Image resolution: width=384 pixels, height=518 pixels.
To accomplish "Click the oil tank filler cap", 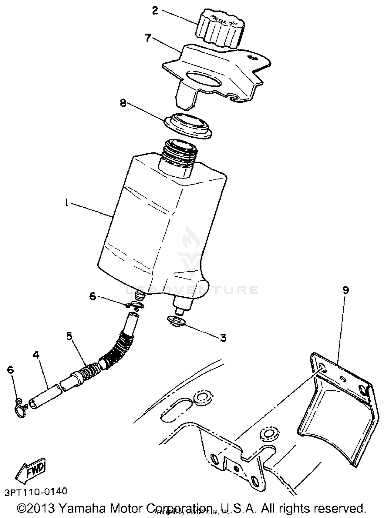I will pyautogui.click(x=220, y=28).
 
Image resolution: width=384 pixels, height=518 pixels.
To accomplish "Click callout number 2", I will pyautogui.click(x=155, y=11).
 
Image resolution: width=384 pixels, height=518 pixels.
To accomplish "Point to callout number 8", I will pyautogui.click(x=123, y=104).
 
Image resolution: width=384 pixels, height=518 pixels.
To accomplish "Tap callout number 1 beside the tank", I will pyautogui.click(x=66, y=203).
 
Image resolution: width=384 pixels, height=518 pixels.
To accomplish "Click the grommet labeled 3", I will pyautogui.click(x=177, y=321).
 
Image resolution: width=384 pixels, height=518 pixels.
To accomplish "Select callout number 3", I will pyautogui.click(x=223, y=338).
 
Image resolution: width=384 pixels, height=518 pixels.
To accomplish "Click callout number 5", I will pyautogui.click(x=69, y=336).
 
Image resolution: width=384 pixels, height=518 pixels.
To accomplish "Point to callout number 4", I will pyautogui.click(x=36, y=355).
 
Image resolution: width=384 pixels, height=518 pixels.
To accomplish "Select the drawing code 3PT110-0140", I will pyautogui.click(x=36, y=491).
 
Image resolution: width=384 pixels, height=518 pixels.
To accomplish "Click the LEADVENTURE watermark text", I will pyautogui.click(x=192, y=290).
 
